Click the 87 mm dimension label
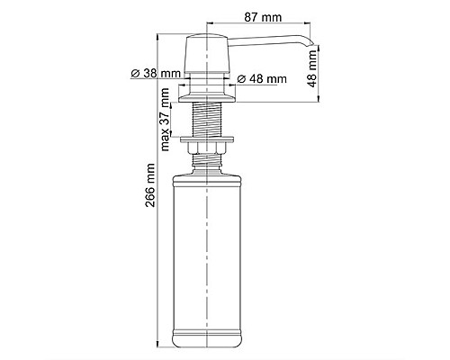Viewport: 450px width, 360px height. coord(263,17)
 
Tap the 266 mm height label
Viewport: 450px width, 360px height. coord(150,185)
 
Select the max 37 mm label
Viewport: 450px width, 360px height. coord(166,120)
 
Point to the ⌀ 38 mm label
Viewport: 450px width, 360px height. coord(157,73)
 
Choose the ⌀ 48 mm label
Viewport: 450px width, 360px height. coord(262,79)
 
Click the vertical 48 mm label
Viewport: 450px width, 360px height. coord(312,68)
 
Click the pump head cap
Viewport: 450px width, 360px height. coord(207,53)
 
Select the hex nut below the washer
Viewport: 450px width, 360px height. coord(207,148)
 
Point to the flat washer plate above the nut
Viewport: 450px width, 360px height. coord(207,139)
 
